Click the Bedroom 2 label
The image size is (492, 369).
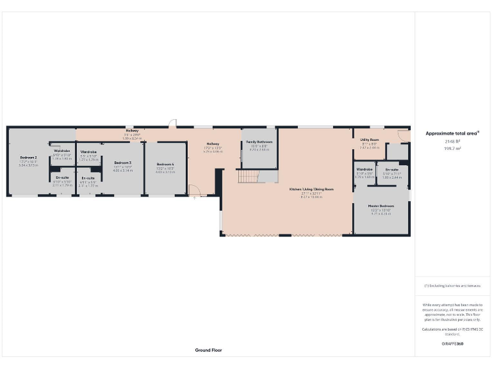(x=28, y=157)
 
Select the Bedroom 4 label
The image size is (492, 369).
(x=165, y=165)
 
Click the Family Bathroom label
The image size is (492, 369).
(x=259, y=142)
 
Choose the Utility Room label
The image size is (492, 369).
(x=370, y=139)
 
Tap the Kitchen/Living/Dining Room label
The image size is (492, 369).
(x=312, y=189)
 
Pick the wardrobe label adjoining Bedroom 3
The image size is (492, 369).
(x=88, y=152)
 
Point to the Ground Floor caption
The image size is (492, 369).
(x=208, y=350)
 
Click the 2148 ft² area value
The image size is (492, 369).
(x=452, y=142)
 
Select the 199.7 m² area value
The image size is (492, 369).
(x=452, y=148)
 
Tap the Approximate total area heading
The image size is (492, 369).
(x=452, y=133)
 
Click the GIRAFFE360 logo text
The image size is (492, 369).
(x=452, y=344)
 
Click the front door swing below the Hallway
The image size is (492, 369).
(x=194, y=191)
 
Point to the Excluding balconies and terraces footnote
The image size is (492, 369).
(x=452, y=285)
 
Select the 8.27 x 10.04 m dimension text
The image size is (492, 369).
(x=312, y=197)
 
